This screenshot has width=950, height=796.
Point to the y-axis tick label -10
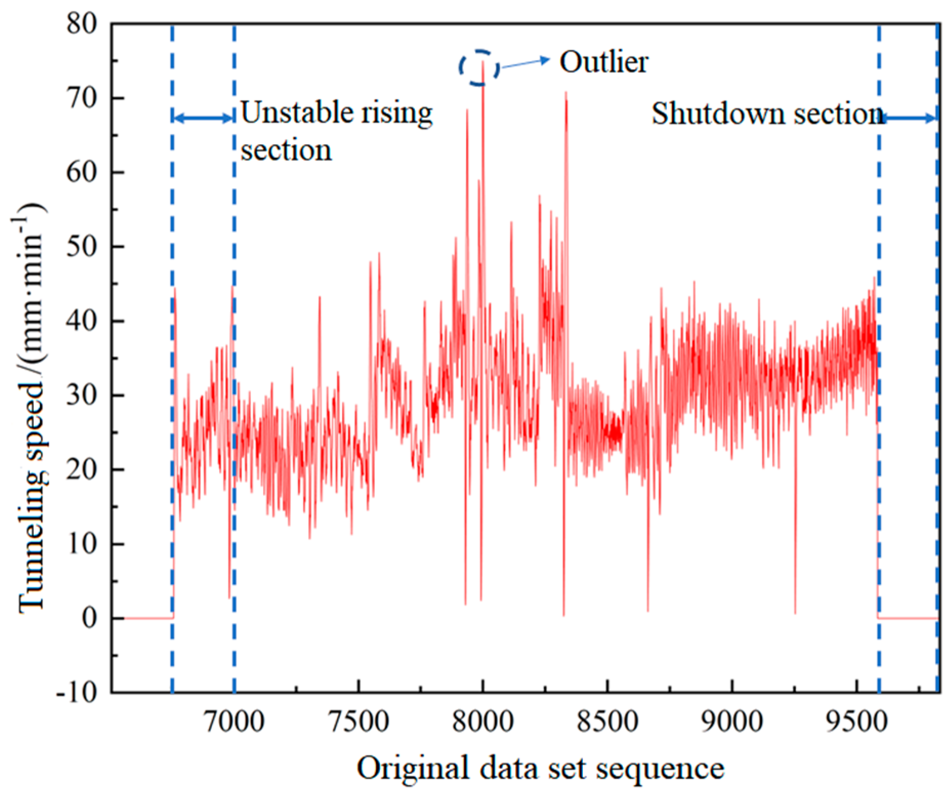[x=77, y=692]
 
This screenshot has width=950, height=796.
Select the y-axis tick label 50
[x=82, y=247]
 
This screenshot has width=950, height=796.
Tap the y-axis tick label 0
[x=89, y=618]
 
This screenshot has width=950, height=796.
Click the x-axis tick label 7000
[x=234, y=722]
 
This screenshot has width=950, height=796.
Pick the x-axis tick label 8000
[x=482, y=722]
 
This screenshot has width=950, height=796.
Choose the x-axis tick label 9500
[x=857, y=722]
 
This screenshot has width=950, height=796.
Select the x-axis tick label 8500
[x=607, y=722]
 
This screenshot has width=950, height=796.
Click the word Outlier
[x=603, y=63]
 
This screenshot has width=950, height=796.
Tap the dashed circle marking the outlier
[x=479, y=67]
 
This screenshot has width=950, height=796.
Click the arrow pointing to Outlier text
[x=524, y=63]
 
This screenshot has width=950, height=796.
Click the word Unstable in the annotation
[x=289, y=113]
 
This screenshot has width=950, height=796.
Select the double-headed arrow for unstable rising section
[x=203, y=118]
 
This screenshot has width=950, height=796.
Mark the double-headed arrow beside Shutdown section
[x=909, y=118]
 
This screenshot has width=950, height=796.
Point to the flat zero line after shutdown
[x=907, y=618]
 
